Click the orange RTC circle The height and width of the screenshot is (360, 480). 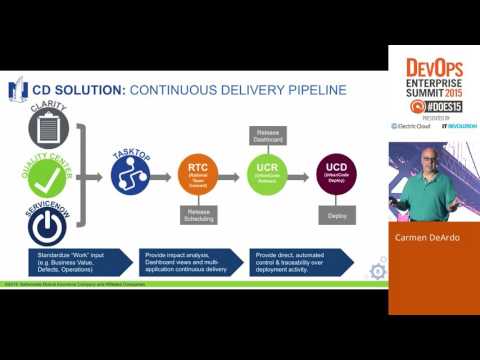(x=197, y=175)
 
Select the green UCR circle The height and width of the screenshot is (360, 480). (x=268, y=175)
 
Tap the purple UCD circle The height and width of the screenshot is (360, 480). (x=337, y=175)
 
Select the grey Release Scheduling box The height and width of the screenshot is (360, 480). (x=197, y=215)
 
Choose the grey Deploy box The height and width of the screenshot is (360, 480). (x=337, y=215)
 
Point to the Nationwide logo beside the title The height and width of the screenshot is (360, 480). (x=17, y=91)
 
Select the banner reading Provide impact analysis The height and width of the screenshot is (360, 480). (x=190, y=262)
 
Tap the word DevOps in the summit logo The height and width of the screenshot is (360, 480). (x=434, y=67)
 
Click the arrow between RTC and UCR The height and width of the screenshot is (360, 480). (x=232, y=175)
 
